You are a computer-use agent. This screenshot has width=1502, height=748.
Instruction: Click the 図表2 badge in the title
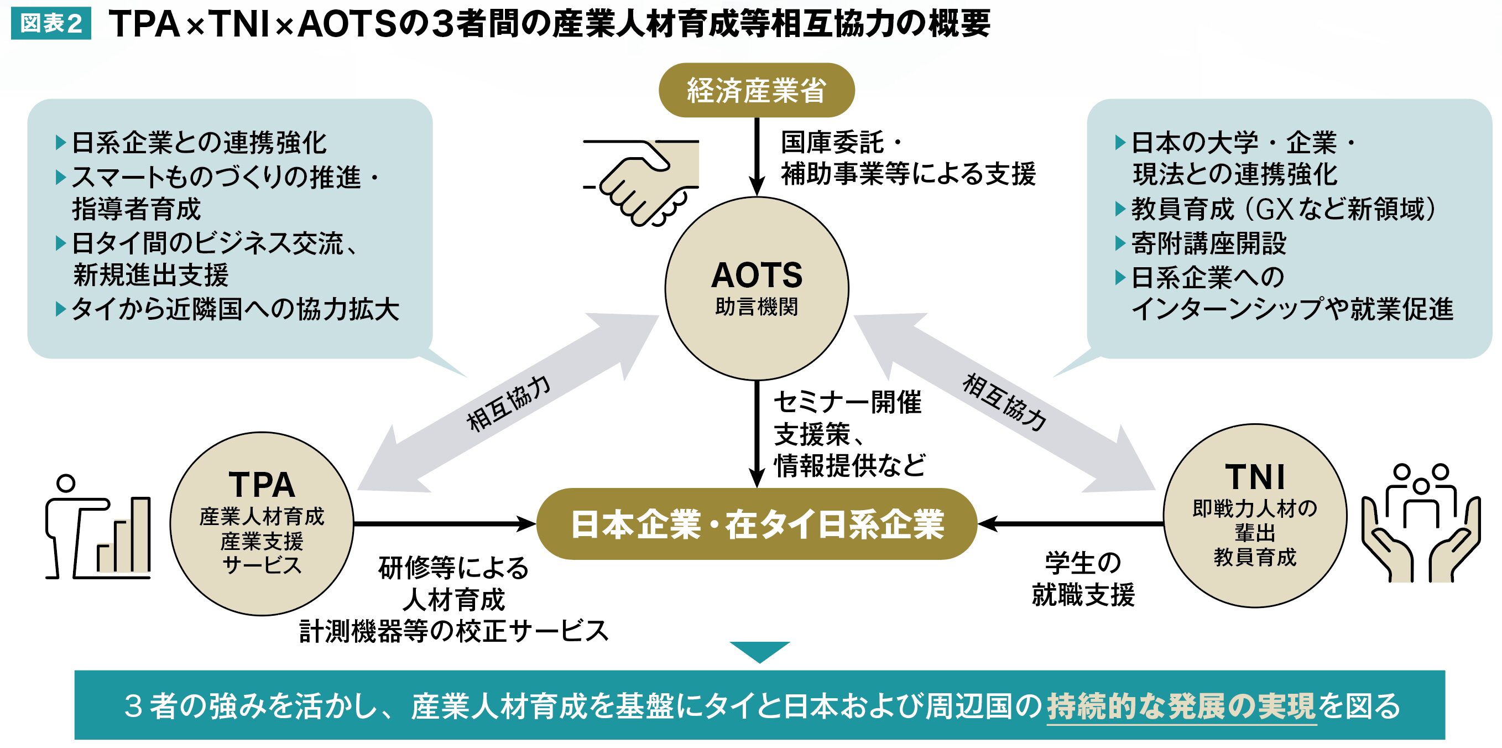[x=51, y=23]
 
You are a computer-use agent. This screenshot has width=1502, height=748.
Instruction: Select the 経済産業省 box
[x=756, y=90]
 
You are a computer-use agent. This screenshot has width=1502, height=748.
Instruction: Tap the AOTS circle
[x=756, y=288]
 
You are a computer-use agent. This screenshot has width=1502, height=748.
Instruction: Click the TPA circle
[x=262, y=523]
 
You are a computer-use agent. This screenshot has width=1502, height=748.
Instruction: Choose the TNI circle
[x=1255, y=516]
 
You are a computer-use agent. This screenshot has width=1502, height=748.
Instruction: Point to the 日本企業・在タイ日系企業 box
[x=756, y=524]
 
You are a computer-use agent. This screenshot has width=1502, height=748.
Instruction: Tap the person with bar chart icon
[x=98, y=528]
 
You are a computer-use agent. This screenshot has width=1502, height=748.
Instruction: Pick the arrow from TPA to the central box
[x=443, y=523]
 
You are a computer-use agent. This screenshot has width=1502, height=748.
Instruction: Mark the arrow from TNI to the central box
[x=1071, y=523]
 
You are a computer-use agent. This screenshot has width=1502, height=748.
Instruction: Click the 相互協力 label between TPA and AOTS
[x=508, y=403]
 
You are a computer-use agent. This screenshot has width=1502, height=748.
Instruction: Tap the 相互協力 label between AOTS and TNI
[x=1004, y=402]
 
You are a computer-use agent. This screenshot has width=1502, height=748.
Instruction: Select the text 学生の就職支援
[x=1083, y=579]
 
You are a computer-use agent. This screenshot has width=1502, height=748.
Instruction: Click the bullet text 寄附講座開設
[x=1208, y=243]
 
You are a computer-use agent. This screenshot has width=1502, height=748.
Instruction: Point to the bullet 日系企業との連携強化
[x=198, y=143]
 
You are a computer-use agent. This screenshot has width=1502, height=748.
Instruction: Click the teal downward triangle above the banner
[x=759, y=651]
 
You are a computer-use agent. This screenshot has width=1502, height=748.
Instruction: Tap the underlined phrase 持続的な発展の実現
[x=1181, y=706]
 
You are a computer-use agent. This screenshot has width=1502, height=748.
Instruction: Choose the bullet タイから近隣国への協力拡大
[x=234, y=309]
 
